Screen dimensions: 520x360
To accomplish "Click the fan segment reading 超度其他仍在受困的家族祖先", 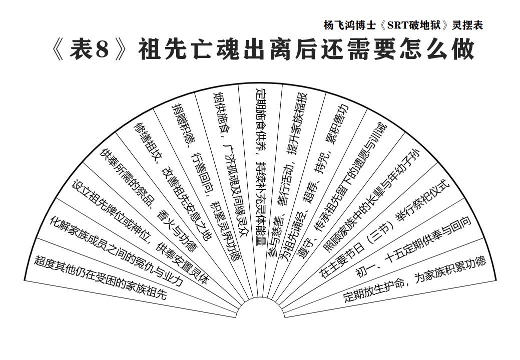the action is [100, 277].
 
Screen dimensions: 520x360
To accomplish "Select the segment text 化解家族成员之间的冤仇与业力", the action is [116, 251].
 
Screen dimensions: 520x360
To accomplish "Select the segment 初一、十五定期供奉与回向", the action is [414, 246].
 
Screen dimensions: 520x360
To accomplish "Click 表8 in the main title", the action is [89, 50].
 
